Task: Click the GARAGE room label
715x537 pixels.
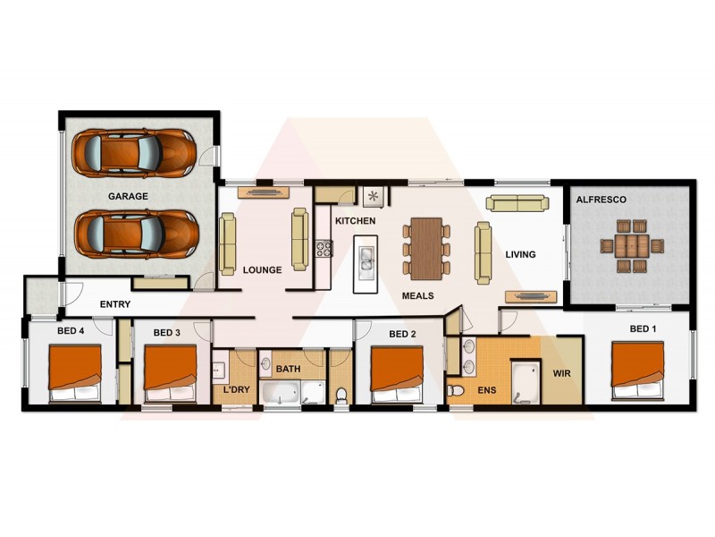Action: [x=128, y=196]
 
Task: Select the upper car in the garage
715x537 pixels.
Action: [x=135, y=152]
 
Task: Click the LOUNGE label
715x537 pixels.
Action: [x=263, y=269]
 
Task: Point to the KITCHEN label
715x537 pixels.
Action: [x=355, y=220]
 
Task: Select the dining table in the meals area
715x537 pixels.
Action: [x=428, y=246]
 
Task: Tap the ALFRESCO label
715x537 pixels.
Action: [x=601, y=200]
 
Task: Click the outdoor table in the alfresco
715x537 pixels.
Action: [x=632, y=245]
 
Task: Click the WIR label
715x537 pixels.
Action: [x=561, y=372]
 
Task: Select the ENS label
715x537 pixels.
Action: [x=487, y=390]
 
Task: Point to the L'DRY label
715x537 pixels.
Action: [x=236, y=390]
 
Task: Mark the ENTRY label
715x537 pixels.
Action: [x=115, y=304]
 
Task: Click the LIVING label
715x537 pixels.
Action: [x=520, y=254]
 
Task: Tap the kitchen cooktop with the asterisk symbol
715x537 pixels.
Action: [x=373, y=196]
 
